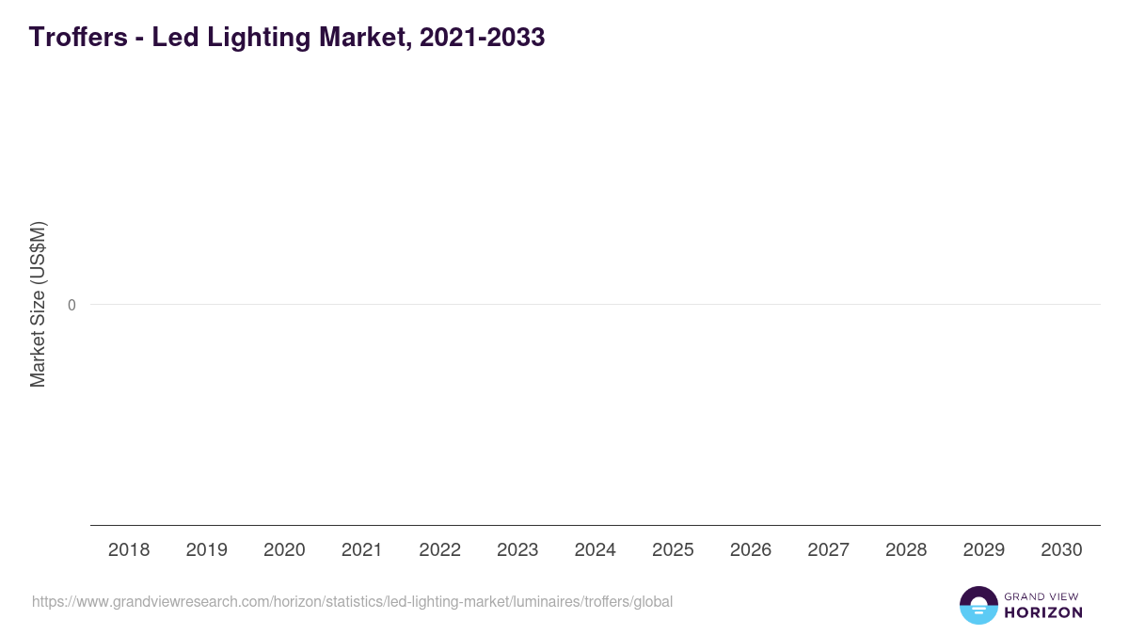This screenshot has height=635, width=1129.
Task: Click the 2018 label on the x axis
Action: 129,550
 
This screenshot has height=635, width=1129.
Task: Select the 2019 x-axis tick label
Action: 206,550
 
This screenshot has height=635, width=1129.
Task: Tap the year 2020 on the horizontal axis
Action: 284,550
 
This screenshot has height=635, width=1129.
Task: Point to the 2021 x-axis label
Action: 361,550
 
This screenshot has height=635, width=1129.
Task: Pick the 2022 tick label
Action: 439,550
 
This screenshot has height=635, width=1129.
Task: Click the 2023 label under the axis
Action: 517,550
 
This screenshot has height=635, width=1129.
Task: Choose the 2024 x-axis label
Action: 595,550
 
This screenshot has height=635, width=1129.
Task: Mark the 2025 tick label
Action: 673,550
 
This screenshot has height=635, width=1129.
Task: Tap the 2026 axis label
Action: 751,550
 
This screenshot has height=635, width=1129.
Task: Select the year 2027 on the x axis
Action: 828,550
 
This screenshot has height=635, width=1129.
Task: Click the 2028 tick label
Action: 906,550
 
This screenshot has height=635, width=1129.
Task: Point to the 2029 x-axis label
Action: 983,550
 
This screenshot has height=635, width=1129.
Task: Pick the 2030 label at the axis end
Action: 1061,550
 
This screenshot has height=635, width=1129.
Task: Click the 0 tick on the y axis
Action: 72,305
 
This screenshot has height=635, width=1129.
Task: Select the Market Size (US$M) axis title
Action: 38,305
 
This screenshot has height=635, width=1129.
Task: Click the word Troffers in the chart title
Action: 77,38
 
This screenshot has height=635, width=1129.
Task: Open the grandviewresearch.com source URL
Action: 352,602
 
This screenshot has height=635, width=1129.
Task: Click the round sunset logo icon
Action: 978,605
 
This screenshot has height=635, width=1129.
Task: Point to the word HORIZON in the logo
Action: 1043,612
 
